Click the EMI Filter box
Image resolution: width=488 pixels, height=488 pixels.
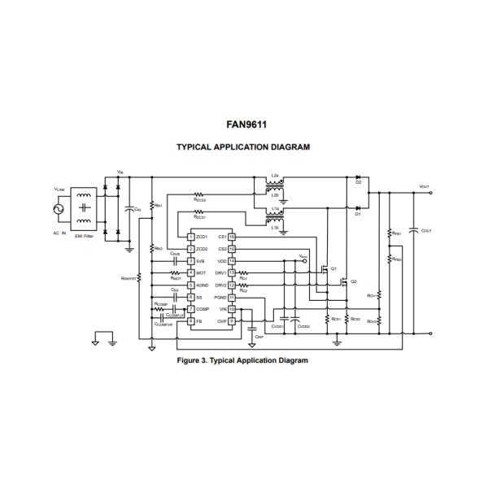click(83, 211)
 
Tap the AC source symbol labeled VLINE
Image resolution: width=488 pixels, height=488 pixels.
click(58, 210)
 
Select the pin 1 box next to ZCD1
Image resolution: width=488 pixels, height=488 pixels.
click(190, 237)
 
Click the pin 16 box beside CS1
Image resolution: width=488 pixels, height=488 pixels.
click(232, 237)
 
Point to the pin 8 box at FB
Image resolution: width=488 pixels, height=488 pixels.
click(190, 320)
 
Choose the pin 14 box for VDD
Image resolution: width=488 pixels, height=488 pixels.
click(232, 261)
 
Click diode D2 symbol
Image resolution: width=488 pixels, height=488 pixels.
click(358, 176)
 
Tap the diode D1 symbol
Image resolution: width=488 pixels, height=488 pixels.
click(358, 207)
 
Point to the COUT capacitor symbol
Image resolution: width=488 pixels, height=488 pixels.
click(415, 230)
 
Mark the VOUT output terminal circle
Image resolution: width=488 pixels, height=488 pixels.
click(430, 193)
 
